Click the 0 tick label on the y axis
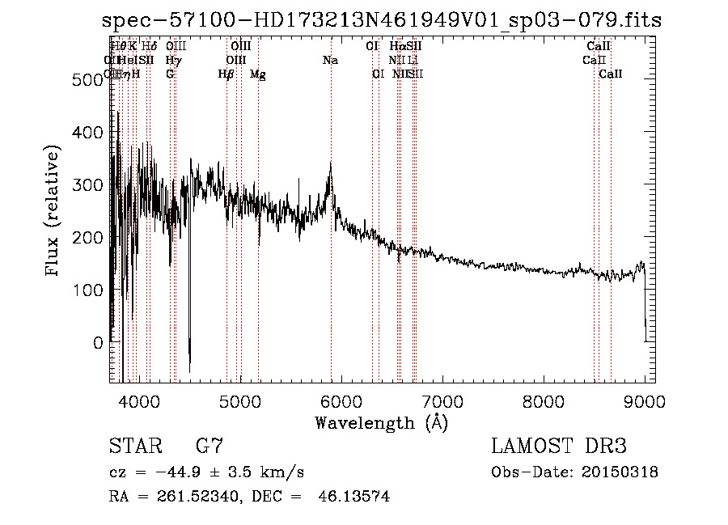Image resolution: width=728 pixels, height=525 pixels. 98,343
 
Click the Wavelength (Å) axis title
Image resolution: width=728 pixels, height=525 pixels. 381,422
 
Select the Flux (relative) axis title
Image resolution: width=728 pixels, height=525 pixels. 54,212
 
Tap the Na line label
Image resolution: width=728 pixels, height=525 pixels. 330,61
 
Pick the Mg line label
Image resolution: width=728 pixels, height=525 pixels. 258,74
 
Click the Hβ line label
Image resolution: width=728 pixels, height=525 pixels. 226,74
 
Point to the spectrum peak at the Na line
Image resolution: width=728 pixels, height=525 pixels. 330,164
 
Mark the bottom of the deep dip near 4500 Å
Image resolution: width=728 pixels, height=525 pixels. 189,371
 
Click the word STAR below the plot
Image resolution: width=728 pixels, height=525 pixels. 132,447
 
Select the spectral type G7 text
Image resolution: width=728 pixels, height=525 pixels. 210,447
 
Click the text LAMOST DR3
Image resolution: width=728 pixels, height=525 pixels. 558,447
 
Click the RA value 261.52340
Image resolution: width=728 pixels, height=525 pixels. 200,497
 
